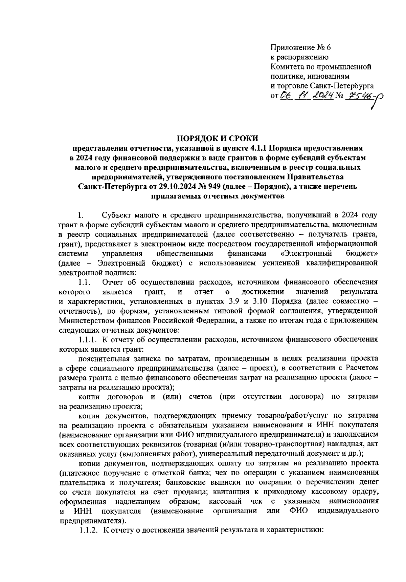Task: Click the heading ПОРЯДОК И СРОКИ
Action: pyautogui.click(x=218, y=138)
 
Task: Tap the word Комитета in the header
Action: pyautogui.click(x=285, y=67)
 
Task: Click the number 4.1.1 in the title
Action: pyautogui.click(x=259, y=148)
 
